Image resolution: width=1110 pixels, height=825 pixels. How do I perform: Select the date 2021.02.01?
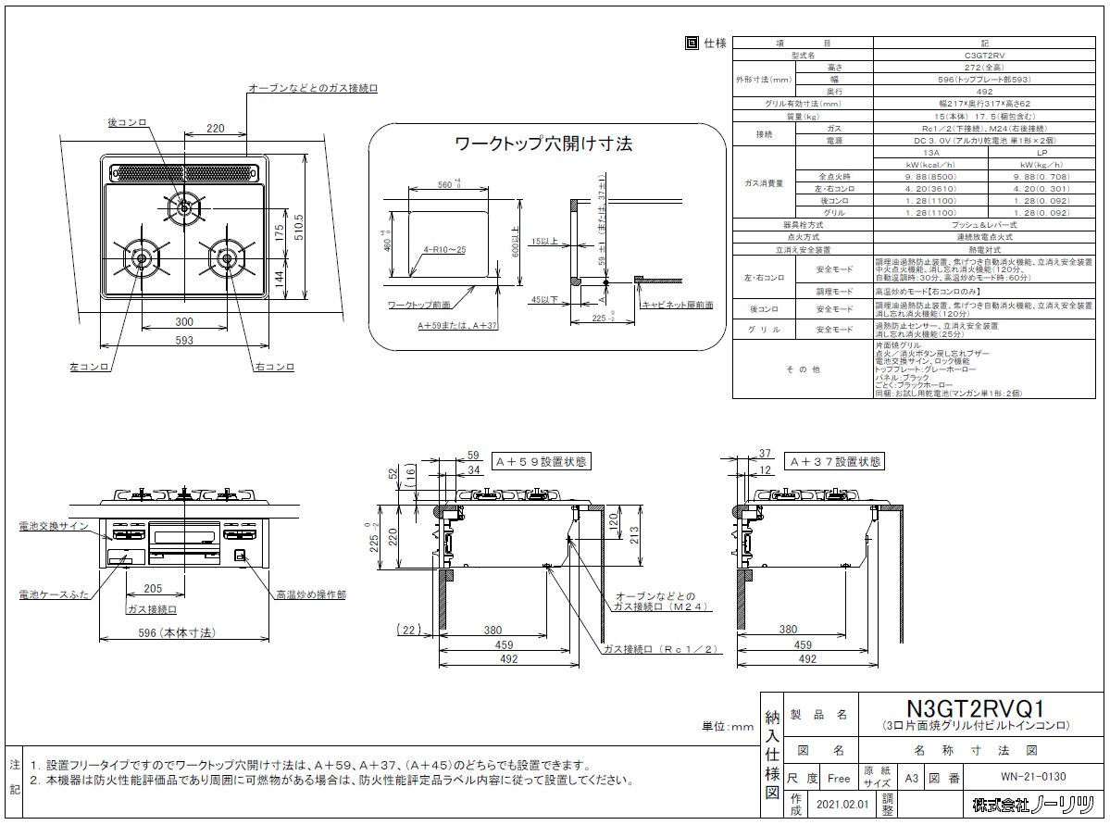pyautogui.click(x=838, y=806)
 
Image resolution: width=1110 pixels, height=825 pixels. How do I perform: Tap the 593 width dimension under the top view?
pyautogui.click(x=184, y=341)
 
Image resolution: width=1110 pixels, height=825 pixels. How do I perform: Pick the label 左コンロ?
pyautogui.click(x=89, y=368)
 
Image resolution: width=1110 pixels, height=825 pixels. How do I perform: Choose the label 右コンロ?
pyautogui.click(x=274, y=368)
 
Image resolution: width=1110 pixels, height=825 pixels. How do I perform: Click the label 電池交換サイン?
pyautogui.click(x=52, y=526)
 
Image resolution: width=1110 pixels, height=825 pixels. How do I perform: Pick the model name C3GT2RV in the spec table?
pyautogui.click(x=915, y=56)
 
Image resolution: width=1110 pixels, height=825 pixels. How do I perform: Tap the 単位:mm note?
pyautogui.click(x=729, y=727)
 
